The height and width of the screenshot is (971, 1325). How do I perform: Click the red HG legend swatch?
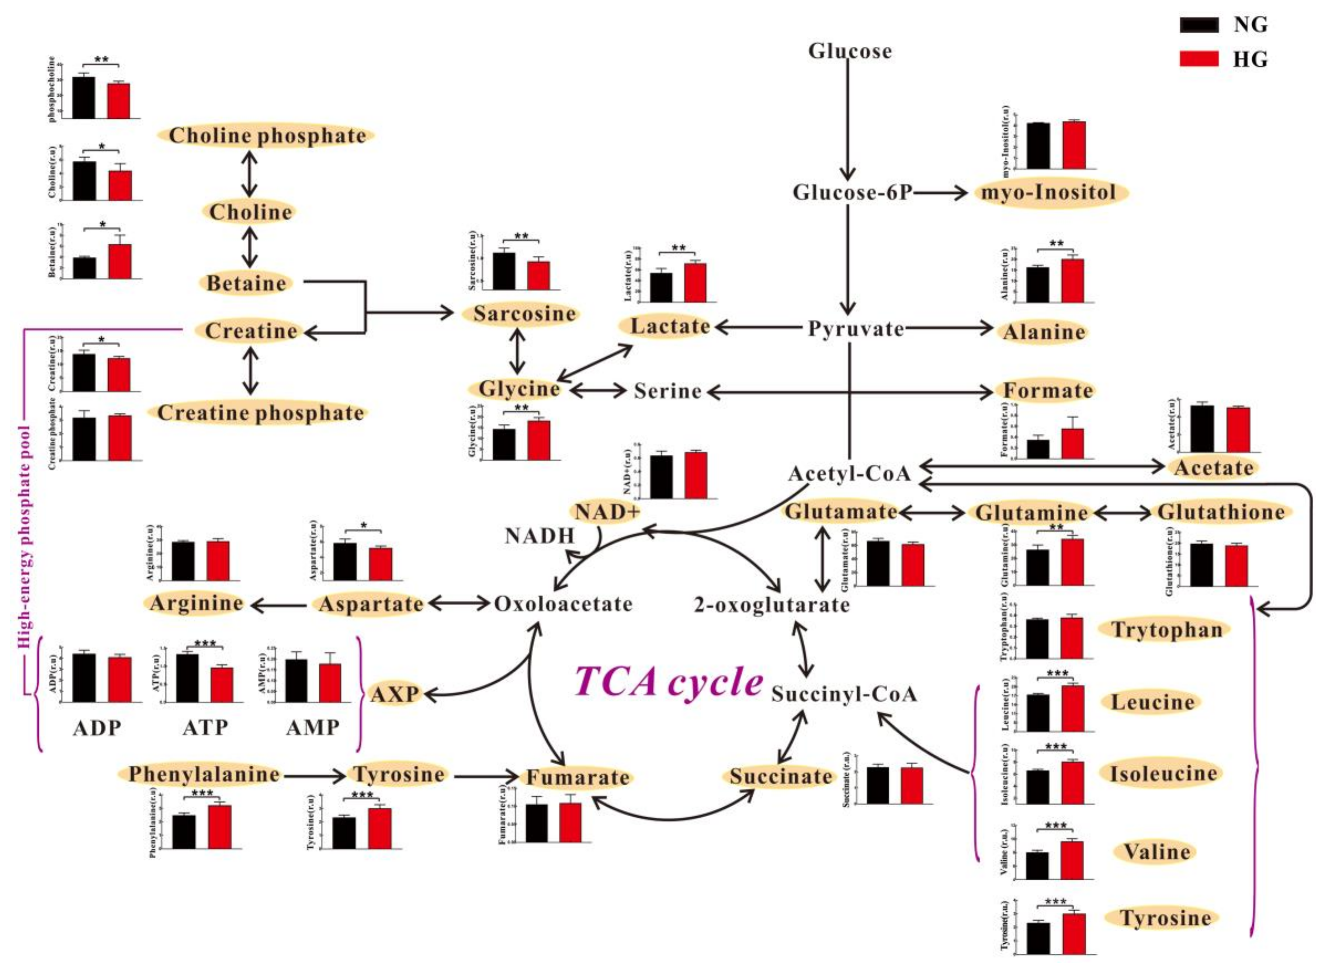point(1199,59)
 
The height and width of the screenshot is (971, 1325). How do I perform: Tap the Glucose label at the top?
point(849,51)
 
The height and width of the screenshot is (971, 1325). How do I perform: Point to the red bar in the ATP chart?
point(222,684)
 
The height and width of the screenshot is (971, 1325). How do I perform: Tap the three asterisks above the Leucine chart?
point(1057,674)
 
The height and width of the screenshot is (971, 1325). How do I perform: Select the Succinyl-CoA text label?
point(844,694)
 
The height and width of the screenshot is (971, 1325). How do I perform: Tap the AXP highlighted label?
point(394,694)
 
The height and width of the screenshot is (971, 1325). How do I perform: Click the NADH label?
point(539,535)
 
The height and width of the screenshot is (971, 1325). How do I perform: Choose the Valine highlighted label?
point(1156,852)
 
